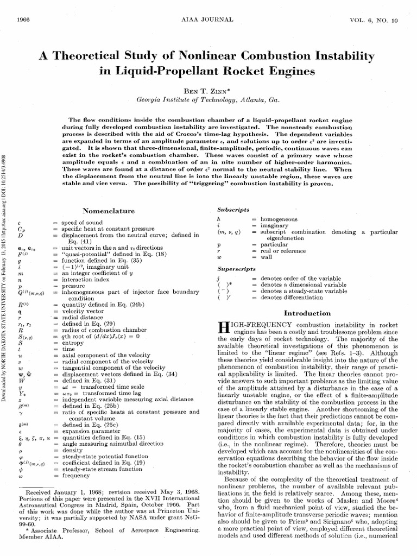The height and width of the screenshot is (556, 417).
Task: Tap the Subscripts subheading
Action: coord(233,210)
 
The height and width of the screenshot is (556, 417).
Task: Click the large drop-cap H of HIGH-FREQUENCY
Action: coord(223,327)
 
